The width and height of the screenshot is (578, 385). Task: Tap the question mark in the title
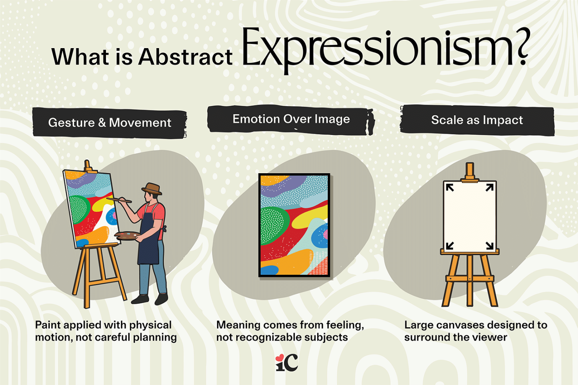click(523, 47)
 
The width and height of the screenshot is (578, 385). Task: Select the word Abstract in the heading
click(185, 57)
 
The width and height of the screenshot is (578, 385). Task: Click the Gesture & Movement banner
click(109, 123)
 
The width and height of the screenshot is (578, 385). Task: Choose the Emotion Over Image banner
click(291, 119)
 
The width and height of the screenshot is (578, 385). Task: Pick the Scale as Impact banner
click(477, 120)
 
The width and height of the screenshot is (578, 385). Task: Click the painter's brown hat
click(152, 189)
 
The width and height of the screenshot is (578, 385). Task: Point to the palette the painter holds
click(126, 236)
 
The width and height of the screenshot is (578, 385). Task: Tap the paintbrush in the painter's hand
click(120, 200)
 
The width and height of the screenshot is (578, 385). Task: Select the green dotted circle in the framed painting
click(274, 226)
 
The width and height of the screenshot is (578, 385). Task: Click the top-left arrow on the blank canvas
click(450, 187)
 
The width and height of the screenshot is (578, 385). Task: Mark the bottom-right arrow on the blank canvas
click(489, 245)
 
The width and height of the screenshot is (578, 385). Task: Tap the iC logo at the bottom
click(287, 362)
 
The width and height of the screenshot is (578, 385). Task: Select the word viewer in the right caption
click(490, 337)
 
